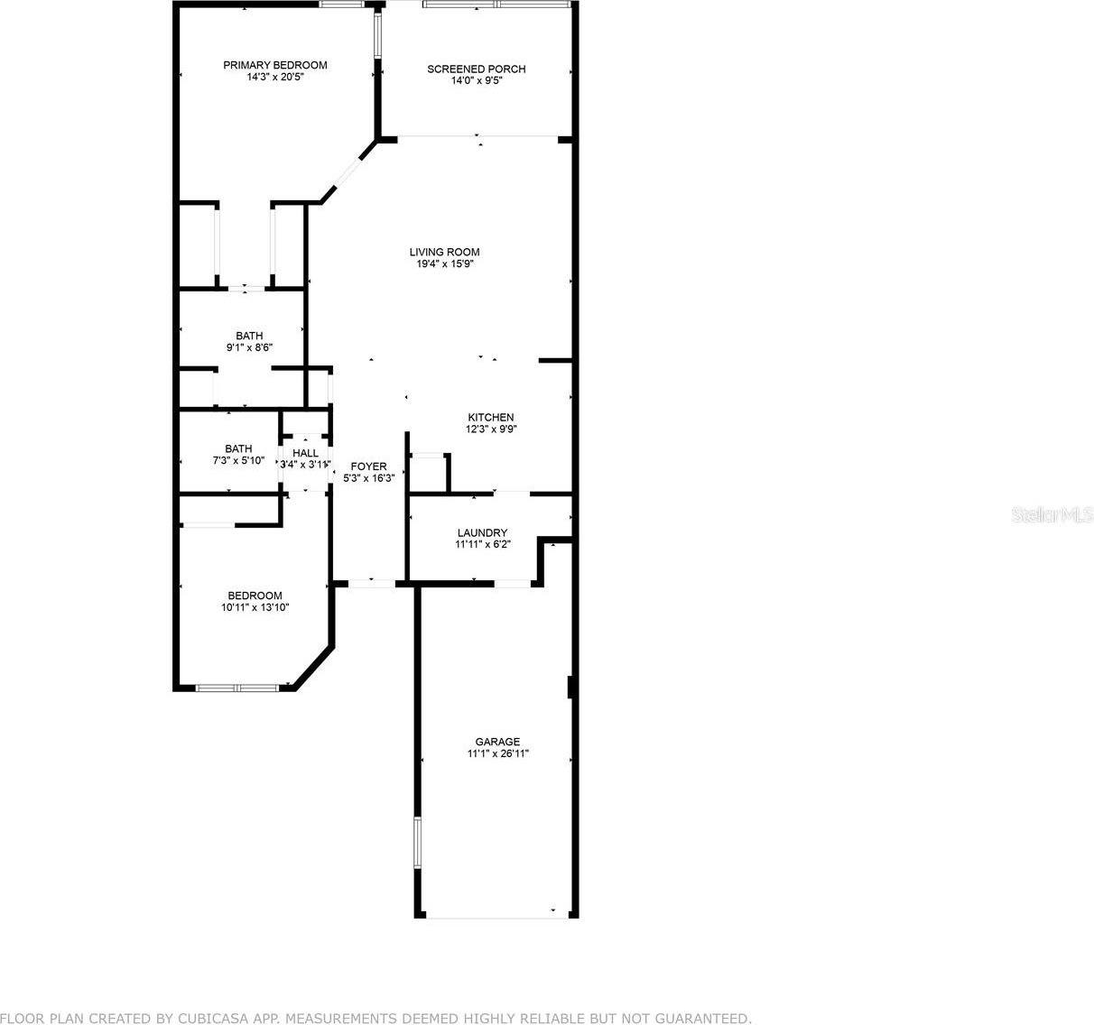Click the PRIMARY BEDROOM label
click(x=275, y=65)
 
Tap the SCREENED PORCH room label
click(x=476, y=69)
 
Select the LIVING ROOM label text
click(x=444, y=253)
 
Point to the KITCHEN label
click(x=490, y=418)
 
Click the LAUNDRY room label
click(x=481, y=533)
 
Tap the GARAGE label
click(x=497, y=743)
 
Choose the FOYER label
click(x=368, y=466)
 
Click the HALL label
click(x=305, y=453)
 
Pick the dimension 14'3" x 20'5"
click(x=275, y=78)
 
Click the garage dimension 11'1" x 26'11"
click(x=497, y=754)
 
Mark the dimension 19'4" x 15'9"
click(x=444, y=264)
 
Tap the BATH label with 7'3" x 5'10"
click(x=238, y=448)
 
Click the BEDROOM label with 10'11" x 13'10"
click(x=255, y=596)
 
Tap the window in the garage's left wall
click(x=417, y=843)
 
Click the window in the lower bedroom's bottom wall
click(x=237, y=688)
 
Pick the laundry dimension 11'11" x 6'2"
click(x=481, y=545)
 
